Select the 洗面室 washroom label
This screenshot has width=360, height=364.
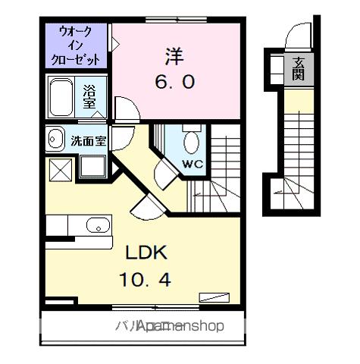(88, 140)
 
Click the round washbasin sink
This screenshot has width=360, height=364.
(55, 140)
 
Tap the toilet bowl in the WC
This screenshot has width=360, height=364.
(192, 142)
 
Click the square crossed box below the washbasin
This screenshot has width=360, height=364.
(58, 168)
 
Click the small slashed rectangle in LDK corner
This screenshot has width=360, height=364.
(212, 297)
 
